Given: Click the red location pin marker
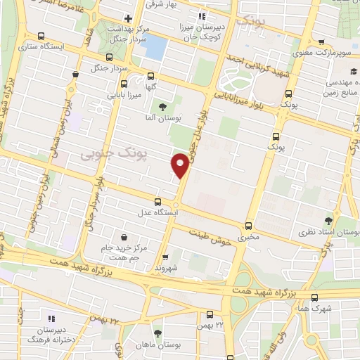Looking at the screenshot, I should [181, 165].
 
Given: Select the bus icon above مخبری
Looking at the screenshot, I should [248, 226].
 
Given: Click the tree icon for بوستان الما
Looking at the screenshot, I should [162, 107].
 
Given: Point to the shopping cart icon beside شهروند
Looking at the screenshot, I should [166, 257].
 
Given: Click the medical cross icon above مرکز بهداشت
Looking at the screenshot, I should [127, 18].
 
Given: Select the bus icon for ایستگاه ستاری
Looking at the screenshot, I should [41, 36].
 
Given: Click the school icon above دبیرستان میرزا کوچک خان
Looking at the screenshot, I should [202, 15].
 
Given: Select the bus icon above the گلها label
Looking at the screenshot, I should [150, 77].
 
